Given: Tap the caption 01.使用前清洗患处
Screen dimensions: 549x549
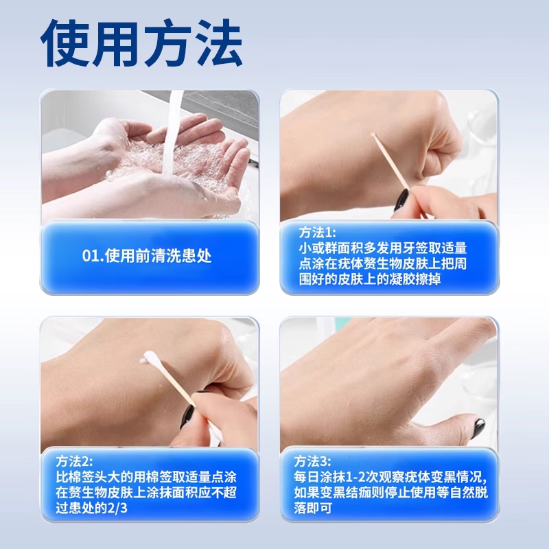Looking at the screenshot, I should (x=147, y=257).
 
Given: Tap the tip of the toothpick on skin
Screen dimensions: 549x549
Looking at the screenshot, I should (x=373, y=136).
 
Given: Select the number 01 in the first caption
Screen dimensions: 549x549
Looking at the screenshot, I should (x=89, y=257).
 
